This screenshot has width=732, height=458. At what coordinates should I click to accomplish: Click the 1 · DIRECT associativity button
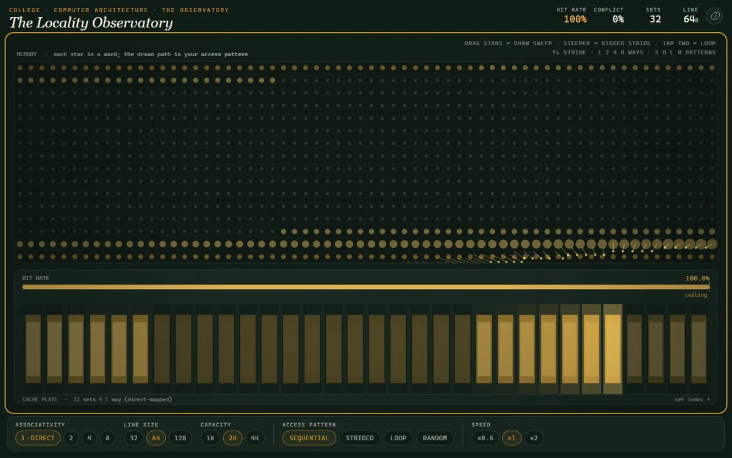point(38,438)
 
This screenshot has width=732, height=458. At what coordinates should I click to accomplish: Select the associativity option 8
point(107,438)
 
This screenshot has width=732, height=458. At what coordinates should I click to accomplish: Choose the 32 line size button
point(134,438)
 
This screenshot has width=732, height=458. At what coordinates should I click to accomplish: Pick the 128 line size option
point(180,438)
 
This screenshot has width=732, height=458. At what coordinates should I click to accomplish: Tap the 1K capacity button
point(210,438)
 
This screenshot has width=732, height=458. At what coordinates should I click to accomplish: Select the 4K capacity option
point(255,438)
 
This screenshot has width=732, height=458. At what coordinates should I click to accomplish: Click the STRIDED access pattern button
point(360,438)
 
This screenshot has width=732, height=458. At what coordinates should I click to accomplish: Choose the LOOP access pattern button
point(398,438)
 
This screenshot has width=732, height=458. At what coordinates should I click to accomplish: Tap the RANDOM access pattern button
point(435,438)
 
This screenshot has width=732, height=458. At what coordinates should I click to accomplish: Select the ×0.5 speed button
point(486,438)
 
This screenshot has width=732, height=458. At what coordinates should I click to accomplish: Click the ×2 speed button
point(534,438)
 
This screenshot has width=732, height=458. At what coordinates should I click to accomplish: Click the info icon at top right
point(715,16)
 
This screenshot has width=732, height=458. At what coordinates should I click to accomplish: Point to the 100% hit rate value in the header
point(575,20)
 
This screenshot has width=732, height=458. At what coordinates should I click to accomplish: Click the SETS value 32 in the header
point(655,20)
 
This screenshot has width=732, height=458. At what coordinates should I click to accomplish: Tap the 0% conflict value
point(618,20)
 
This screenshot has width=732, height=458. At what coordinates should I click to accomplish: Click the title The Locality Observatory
point(91,23)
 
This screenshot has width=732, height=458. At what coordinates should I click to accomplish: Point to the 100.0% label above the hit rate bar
point(697,278)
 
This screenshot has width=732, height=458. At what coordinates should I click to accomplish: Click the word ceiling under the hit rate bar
point(696,295)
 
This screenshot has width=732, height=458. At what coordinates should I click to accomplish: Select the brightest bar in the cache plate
point(612,349)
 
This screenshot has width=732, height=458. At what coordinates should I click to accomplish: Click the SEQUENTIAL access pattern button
point(309,438)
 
